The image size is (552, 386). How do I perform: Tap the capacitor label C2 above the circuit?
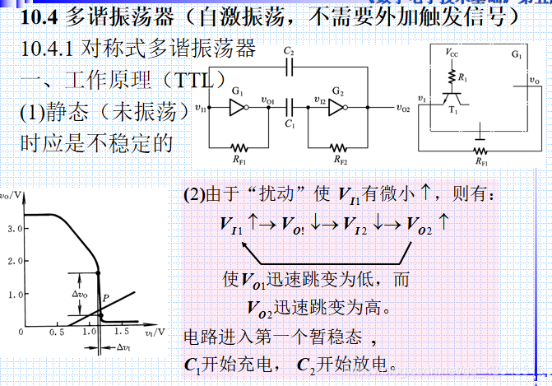click(x=288, y=50)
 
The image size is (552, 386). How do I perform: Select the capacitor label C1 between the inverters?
click(x=289, y=122)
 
